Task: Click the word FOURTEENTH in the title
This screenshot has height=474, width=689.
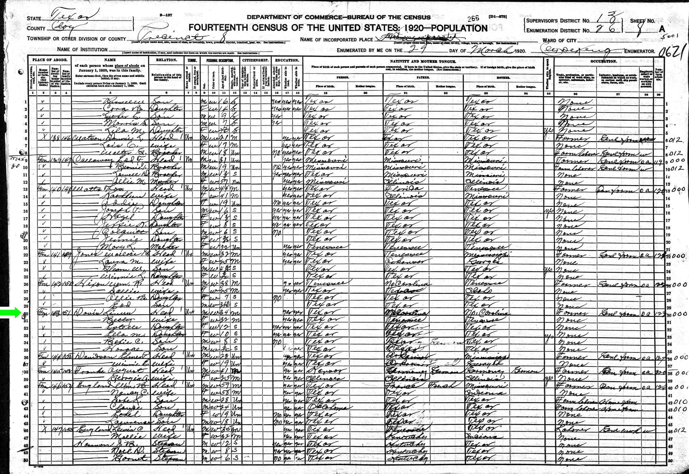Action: click(x=219, y=28)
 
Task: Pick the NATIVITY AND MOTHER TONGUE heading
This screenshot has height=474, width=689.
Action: click(x=423, y=61)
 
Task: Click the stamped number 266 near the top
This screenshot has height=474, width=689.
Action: click(x=473, y=18)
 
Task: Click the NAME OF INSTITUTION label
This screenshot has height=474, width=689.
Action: click(x=82, y=50)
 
